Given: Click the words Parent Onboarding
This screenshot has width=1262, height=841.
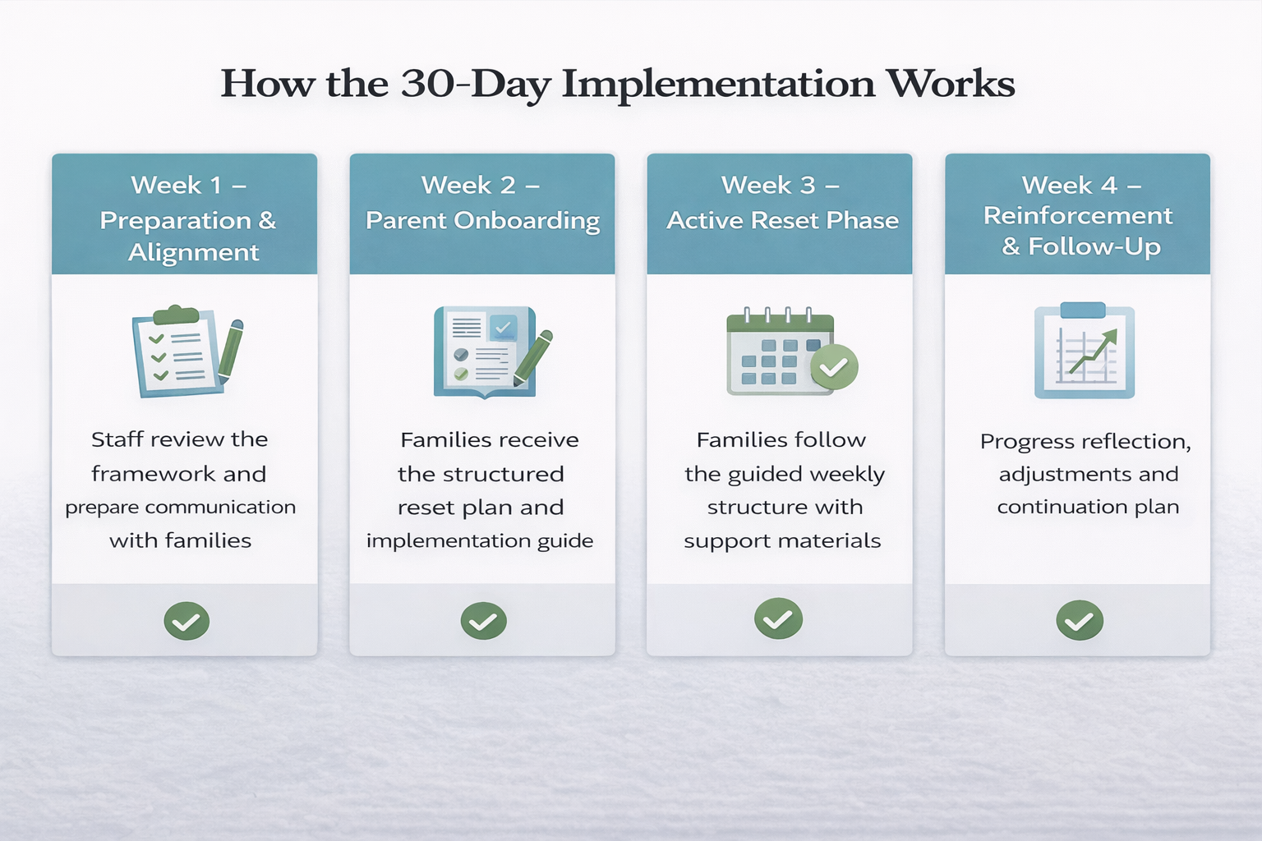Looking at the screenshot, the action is coord(482,220).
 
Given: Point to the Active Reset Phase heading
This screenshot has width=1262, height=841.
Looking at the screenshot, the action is coord(782,220).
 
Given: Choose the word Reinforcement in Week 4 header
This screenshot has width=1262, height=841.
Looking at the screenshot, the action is coord(1078,216).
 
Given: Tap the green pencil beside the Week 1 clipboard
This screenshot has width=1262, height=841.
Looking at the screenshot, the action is coord(230,351).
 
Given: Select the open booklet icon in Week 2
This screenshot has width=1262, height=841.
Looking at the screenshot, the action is coord(485,352).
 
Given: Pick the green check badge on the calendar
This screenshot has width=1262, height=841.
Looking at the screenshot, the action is coord(834,366).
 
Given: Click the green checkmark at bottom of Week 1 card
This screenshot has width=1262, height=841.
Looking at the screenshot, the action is coord(187,621).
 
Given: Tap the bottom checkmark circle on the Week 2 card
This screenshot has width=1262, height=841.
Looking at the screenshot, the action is coord(483,621).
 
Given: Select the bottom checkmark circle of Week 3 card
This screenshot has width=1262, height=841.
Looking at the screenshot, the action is coord(779,618).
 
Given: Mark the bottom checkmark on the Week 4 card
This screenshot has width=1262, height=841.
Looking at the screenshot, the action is coord(1080,620).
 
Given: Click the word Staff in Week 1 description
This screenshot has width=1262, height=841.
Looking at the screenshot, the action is coord(114,439).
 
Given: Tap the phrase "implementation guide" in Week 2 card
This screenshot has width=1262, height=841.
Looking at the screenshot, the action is coord(480,541).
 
